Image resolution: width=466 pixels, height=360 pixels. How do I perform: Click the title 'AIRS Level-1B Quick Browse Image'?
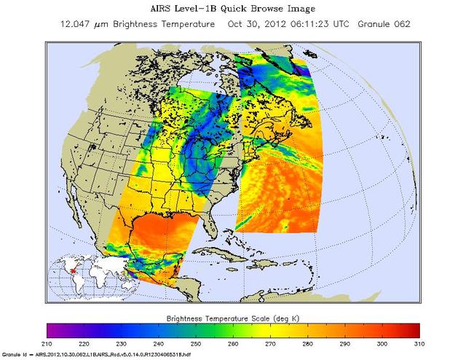point(233,9)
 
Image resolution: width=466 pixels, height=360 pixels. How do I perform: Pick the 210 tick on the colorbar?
point(47,343)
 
